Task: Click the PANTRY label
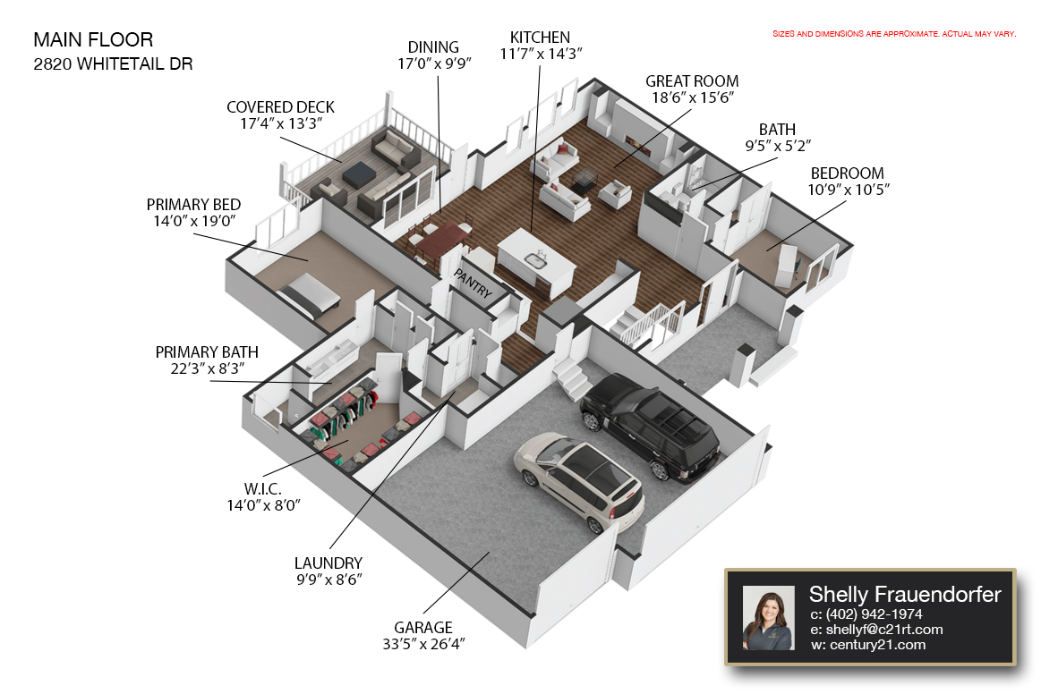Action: coord(473,283)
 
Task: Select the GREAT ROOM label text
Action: coord(692,81)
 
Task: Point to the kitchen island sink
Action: coord(536,259)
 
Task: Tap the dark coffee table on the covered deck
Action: coord(359,173)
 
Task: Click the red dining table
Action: coord(440,240)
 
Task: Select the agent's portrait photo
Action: coord(768,618)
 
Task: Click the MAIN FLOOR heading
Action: coord(93,40)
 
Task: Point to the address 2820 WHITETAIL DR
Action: coord(113,64)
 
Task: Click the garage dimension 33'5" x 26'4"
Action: coord(423,644)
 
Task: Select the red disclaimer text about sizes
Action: coord(894,34)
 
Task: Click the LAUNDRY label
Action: coord(328,563)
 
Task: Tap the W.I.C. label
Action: coord(263,489)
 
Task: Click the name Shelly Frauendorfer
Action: coord(904,594)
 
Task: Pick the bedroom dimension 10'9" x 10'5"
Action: coord(848,190)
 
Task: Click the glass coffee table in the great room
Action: coord(584,180)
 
